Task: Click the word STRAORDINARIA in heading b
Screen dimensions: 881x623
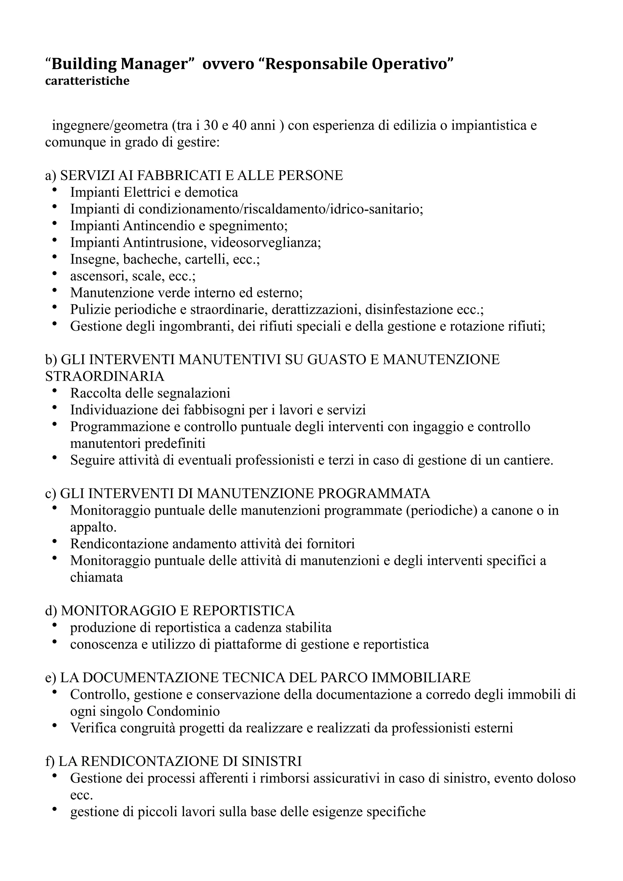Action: [x=105, y=376]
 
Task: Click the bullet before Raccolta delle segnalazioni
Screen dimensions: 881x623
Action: [x=54, y=391]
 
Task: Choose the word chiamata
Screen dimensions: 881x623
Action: [x=96, y=578]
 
